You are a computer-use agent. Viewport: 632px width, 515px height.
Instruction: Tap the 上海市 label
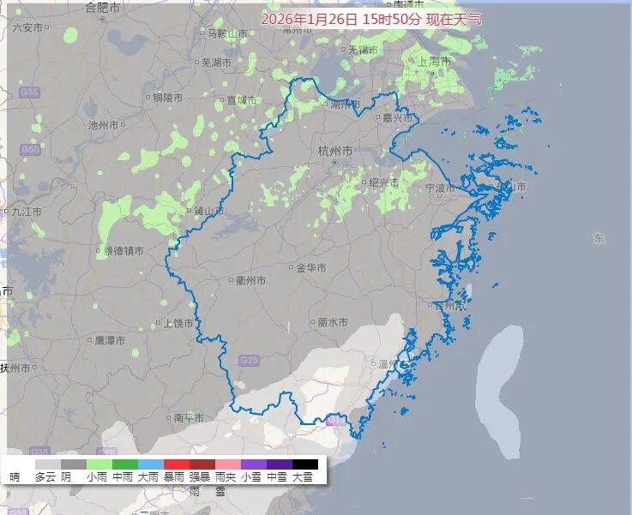coord(434,61)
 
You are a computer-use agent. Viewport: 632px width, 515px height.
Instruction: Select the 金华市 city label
coord(310,268)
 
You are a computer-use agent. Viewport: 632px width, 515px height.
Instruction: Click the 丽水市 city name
coord(332,322)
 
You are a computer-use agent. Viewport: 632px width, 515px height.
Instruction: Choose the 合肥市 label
coord(105,8)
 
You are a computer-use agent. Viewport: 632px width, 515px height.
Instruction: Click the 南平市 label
coord(188,418)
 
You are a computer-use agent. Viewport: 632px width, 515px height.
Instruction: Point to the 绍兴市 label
coord(383,183)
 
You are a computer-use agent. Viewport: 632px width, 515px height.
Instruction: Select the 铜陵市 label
coord(167,98)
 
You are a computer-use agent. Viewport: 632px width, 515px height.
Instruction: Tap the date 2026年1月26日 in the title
coord(310,18)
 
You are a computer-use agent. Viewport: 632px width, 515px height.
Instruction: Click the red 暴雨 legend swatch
coord(176,464)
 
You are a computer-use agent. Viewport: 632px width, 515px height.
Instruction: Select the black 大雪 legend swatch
coord(304,464)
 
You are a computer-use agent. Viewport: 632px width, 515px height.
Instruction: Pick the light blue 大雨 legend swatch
coord(150,464)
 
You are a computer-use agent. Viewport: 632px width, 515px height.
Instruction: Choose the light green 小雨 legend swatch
coord(99,464)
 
